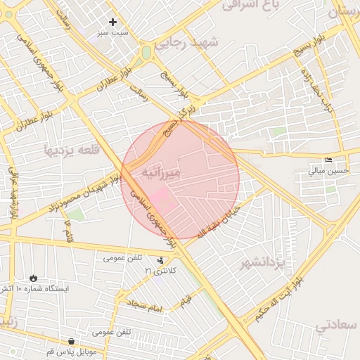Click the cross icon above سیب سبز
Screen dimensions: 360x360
(112, 22)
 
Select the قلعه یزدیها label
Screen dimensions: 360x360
(71, 150)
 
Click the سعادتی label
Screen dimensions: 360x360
(336, 326)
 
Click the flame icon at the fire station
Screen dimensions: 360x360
(33, 278)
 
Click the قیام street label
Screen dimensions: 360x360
(185, 301)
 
